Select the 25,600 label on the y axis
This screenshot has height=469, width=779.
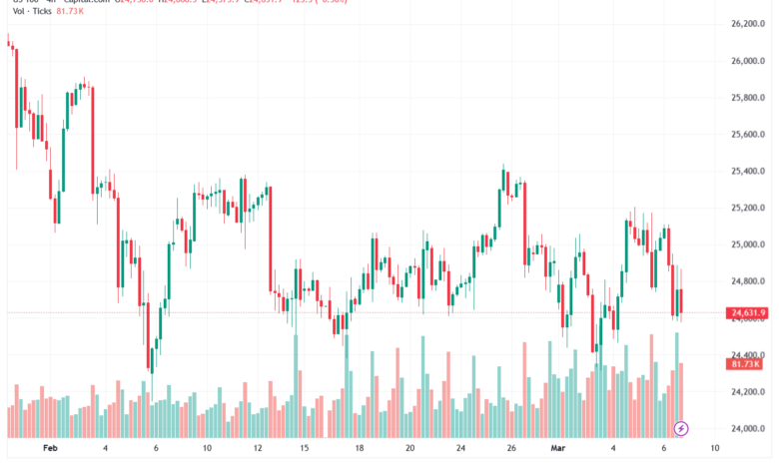pos(748,135)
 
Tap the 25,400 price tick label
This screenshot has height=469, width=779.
pos(748,172)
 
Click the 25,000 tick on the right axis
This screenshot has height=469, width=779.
pos(748,244)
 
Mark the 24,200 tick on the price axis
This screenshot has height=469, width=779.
pos(748,392)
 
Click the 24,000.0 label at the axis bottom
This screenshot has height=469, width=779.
pos(748,429)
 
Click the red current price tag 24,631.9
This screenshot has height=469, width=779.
pos(748,314)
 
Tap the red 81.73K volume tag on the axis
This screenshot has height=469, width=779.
pos(748,365)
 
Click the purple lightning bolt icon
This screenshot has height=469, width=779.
pos(682,428)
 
